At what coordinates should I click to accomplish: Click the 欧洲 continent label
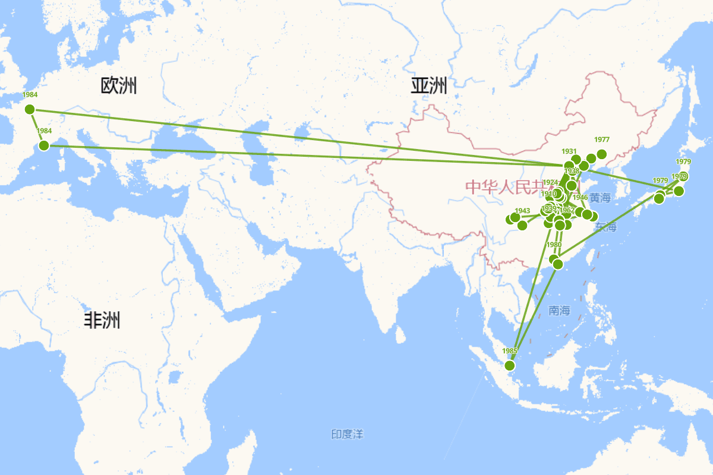point(119,86)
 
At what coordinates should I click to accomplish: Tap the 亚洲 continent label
point(428,86)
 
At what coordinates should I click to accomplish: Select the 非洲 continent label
point(102,321)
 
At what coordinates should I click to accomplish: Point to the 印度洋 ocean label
point(347,435)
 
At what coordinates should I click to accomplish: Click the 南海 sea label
point(559,310)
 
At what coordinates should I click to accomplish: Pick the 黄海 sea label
point(600,197)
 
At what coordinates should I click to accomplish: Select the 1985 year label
point(510,350)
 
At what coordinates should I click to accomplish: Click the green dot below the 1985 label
point(509,365)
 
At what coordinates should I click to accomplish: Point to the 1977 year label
point(602,140)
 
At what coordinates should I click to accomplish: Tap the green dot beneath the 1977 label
point(601,154)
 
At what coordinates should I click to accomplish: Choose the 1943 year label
point(522,211)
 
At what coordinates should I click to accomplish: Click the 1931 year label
point(569,151)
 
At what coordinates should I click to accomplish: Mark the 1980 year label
point(554,245)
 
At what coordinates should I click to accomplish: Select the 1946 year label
point(581,198)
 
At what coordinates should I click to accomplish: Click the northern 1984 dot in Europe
point(30,109)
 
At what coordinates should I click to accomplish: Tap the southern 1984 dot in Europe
point(43,145)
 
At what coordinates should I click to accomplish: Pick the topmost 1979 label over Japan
point(683,161)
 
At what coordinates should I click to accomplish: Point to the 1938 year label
point(572,171)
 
